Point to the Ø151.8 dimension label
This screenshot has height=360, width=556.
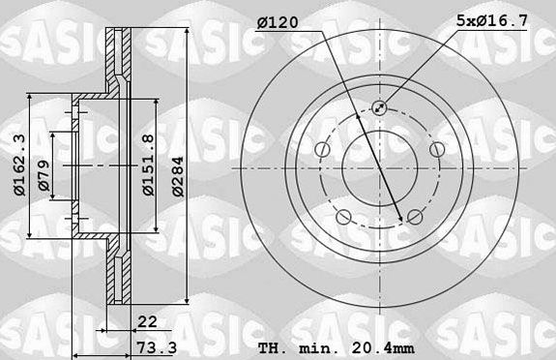(x=148, y=165)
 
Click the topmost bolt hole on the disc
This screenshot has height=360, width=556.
(x=380, y=108)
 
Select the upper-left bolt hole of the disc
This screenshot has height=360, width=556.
(x=322, y=148)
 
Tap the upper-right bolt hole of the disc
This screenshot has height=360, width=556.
(x=437, y=148)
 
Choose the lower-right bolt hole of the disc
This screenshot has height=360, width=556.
(x=414, y=216)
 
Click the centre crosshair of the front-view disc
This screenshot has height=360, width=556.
(x=379, y=166)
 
